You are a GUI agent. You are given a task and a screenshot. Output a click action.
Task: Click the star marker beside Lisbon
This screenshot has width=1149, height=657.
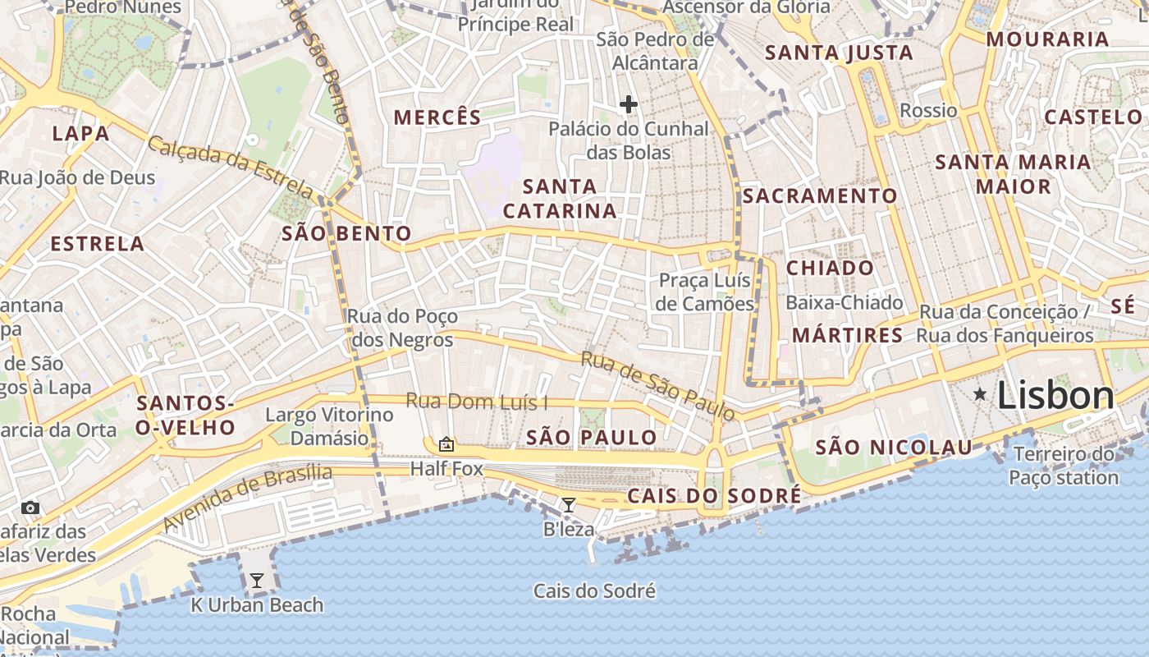pos(980,395)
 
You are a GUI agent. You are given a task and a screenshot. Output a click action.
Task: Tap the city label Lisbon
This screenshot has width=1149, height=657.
pos(1055,396)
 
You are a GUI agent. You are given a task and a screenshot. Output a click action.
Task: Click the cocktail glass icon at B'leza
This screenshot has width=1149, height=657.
pos(568,504)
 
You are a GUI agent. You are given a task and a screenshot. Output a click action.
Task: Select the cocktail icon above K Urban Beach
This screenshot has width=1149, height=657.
pos(257,581)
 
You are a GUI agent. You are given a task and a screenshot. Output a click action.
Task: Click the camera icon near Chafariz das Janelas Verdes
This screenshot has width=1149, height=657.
pos(30,508)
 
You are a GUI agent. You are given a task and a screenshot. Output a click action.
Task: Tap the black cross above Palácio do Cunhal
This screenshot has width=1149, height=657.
pos(629,104)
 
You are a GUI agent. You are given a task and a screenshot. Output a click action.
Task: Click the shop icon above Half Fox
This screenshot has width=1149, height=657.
pos(446,444)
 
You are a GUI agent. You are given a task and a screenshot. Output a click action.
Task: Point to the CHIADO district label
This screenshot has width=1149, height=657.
pos(830,269)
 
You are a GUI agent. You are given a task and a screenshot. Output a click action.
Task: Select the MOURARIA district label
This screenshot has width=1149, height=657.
pos(1047,39)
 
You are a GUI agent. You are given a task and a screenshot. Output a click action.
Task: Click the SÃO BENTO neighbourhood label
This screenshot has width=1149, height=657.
pos(346,234)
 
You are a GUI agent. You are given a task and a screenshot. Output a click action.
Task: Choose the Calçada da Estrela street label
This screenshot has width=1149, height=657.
pos(231,168)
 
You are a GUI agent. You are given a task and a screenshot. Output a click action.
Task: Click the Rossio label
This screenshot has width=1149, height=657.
pos(928,110)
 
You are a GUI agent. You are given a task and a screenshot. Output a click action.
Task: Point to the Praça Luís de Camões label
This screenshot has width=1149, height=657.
pos(705,292)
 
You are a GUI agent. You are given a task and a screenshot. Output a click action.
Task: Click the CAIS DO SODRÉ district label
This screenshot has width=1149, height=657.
pos(713,496)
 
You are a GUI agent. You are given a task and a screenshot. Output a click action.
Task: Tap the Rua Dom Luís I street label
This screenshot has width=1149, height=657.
pos(477,402)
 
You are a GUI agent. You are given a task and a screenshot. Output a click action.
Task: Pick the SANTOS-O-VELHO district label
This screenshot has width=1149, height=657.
pos(186,415)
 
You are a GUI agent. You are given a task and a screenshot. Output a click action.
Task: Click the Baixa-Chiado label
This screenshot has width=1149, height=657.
pos(844,302)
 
